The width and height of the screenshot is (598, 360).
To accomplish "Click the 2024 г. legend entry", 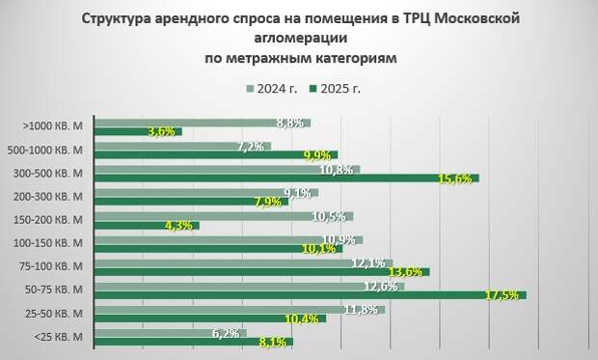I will (x=272, y=89).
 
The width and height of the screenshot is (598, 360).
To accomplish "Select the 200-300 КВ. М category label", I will (x=57, y=196).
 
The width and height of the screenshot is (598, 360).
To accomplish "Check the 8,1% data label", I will (x=275, y=342).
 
